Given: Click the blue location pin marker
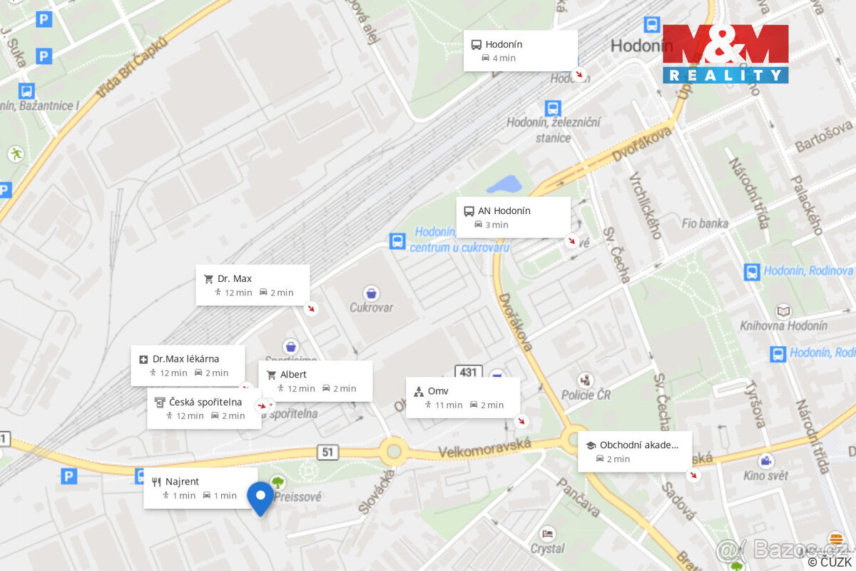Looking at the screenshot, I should [260, 497].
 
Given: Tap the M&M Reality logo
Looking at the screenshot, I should [725, 54].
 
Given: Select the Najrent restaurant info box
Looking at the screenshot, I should [200, 488].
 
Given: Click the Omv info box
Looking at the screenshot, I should [463, 398].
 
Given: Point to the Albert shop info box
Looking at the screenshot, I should [315, 381].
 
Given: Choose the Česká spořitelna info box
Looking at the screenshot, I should [204, 408].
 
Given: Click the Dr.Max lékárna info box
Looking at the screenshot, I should [188, 365].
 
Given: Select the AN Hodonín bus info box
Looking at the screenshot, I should [513, 217].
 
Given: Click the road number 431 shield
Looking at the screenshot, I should [468, 372].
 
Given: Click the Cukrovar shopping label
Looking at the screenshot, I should [371, 308].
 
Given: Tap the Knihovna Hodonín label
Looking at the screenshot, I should [793, 325].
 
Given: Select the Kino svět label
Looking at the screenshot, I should [764, 475].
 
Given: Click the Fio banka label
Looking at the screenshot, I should [705, 223].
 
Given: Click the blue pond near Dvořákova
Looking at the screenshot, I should [504, 184].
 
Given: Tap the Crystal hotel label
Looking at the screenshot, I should [547, 548].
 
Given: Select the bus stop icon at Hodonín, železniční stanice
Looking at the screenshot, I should [553, 108].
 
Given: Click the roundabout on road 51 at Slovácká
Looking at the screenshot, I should [393, 450].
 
